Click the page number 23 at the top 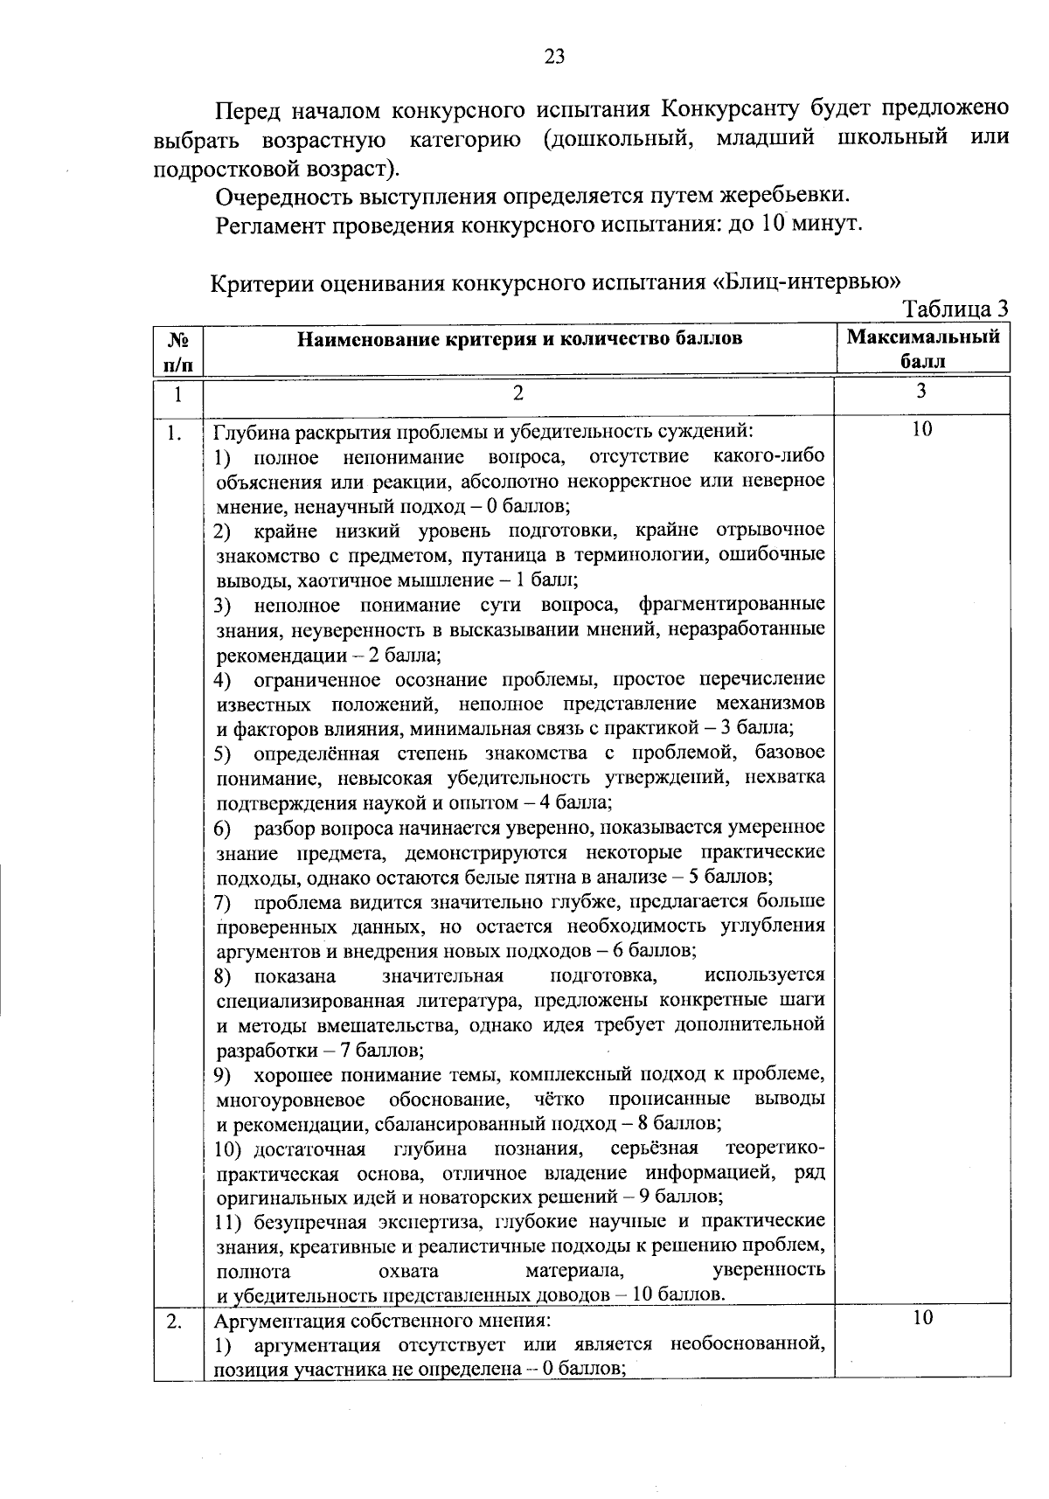coord(554,57)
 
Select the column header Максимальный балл coord(923,348)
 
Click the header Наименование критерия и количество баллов coord(519,338)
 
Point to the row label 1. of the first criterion coord(176,432)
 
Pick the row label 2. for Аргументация coord(175,1320)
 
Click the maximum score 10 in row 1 coord(922,428)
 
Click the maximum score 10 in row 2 coord(922,1317)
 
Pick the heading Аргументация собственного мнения coord(383,1320)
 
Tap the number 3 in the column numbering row coord(921,392)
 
